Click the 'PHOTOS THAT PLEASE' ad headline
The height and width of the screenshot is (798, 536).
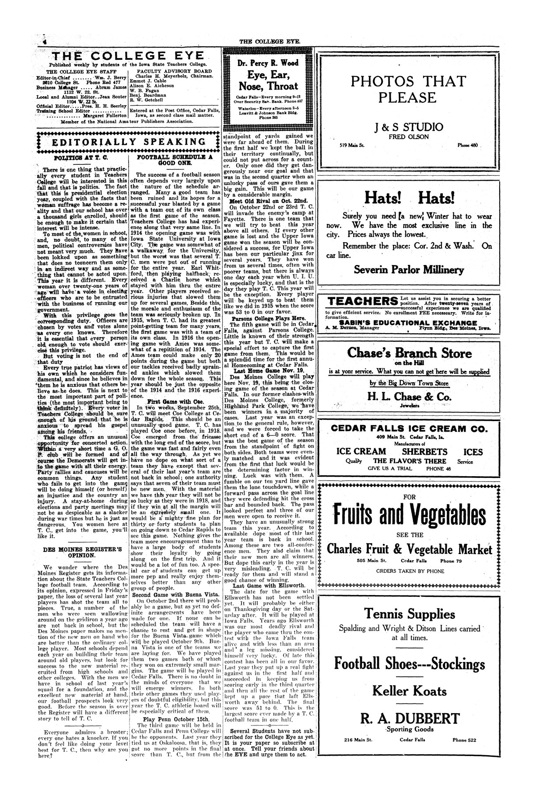[409, 89]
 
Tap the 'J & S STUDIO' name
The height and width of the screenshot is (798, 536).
[409, 127]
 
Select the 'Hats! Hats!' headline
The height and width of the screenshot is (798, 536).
[409, 199]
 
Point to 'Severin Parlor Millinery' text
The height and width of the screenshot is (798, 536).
[409, 269]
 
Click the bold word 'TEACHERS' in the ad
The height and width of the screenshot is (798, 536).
[363, 301]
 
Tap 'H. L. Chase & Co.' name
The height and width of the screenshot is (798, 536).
[409, 397]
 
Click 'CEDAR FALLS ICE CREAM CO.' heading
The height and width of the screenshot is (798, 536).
[409, 429]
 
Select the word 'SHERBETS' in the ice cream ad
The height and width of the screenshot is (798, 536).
[424, 452]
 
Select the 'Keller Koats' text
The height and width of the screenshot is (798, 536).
[409, 691]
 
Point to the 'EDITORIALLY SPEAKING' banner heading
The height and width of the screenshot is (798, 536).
[129, 142]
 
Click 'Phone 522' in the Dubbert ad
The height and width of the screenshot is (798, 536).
[464, 740]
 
